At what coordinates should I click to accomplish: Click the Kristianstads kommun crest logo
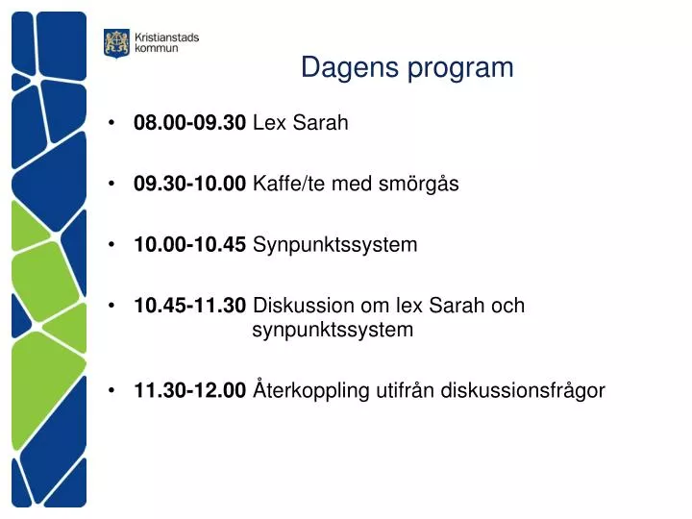click(115, 43)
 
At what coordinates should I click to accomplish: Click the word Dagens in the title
click(342, 67)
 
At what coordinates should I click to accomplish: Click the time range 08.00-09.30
click(190, 123)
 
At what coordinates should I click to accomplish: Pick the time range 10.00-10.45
click(190, 244)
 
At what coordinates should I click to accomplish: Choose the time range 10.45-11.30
click(190, 306)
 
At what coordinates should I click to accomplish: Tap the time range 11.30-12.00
click(190, 390)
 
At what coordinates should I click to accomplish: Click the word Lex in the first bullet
click(267, 123)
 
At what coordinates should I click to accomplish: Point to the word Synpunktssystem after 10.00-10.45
click(335, 245)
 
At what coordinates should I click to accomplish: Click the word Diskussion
click(303, 306)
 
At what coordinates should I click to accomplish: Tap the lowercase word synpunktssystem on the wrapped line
click(333, 331)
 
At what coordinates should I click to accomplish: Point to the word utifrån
click(405, 390)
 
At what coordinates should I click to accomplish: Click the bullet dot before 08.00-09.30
click(114, 123)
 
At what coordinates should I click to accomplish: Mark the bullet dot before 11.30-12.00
click(114, 390)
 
